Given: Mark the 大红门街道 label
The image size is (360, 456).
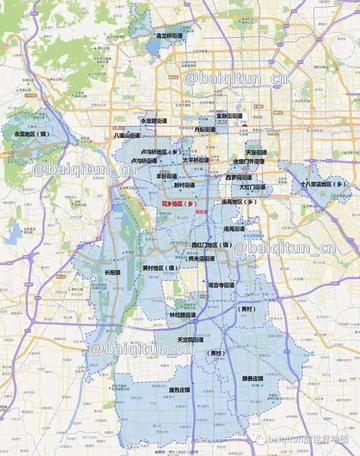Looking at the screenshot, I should tap(252, 187).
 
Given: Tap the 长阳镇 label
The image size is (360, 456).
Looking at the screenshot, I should tap(112, 271).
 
